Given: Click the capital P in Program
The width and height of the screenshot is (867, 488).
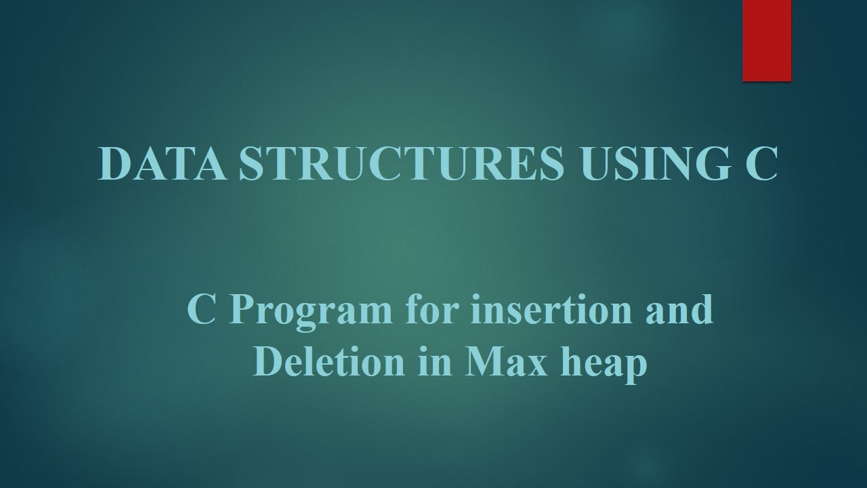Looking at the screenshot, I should click(242, 310).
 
